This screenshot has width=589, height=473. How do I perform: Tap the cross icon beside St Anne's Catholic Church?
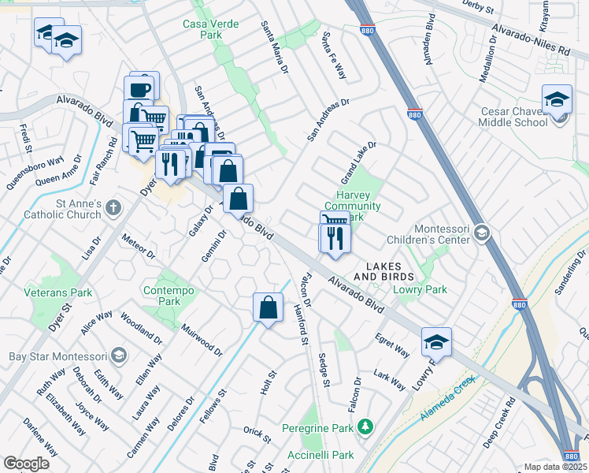tap(113, 208)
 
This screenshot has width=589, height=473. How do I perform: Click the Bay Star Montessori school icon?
tap(118, 356)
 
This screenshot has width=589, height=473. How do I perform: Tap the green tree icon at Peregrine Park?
tap(364, 426)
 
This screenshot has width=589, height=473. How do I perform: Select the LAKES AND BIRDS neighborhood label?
tap(383, 271)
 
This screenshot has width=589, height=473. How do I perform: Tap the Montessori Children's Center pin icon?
tap(482, 233)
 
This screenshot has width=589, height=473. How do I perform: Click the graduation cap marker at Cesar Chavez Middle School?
tap(557, 100)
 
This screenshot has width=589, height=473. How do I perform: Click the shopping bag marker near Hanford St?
tap(268, 307)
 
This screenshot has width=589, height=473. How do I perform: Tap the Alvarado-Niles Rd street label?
tap(530, 38)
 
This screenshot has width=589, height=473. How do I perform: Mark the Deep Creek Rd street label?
tap(499, 423)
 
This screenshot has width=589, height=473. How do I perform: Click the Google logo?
tap(27, 464)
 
